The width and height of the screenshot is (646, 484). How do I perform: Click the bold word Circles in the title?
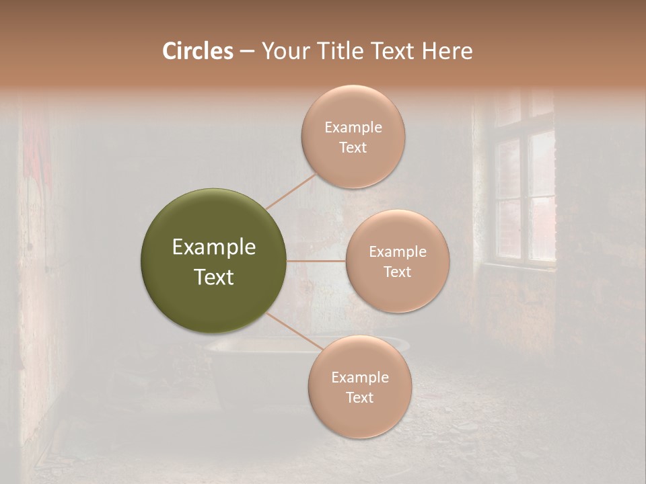coord(197,51)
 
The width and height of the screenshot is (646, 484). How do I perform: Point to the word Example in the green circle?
coord(213,247)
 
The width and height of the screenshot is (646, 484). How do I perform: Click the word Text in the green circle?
coord(213,277)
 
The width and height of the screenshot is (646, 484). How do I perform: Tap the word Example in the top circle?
coord(353,128)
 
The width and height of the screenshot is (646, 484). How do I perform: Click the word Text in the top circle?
coord(353,148)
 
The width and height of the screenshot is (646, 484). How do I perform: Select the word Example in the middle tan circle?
coord(397,252)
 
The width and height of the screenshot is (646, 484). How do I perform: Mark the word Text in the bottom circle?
coord(359,398)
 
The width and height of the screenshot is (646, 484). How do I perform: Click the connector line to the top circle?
coord(291,191)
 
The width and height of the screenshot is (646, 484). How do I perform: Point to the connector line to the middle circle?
coord(316,261)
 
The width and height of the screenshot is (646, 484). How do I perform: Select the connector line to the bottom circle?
coord(296,332)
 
